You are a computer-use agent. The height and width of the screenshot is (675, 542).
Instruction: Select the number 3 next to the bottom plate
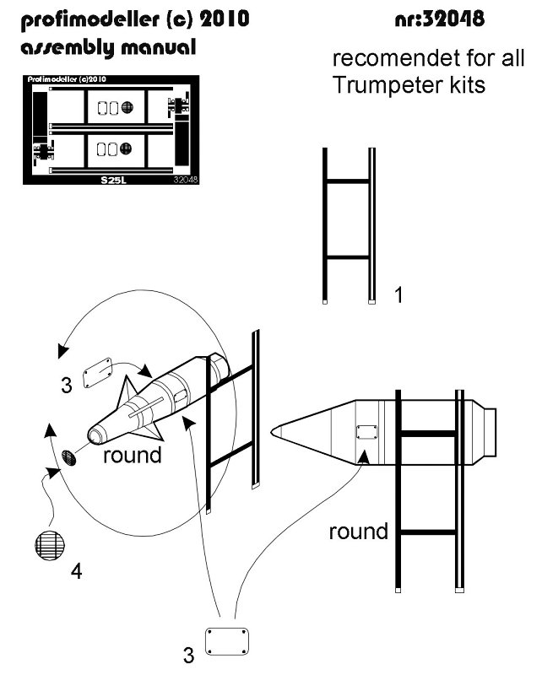pos(189,653)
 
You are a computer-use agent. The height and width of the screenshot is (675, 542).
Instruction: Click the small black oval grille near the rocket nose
pos(68,459)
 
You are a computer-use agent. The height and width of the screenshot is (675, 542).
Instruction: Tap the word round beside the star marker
pos(131,456)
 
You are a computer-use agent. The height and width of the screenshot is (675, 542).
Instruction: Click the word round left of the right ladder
pos(358,532)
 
